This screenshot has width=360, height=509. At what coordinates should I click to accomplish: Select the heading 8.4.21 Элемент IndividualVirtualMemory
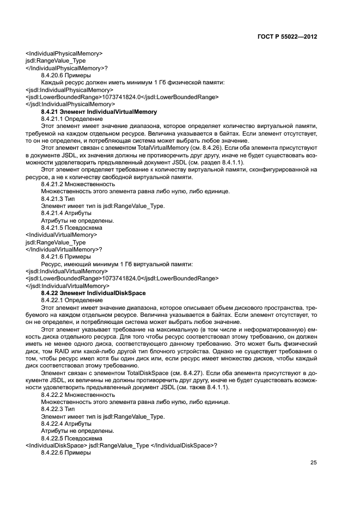pos(99,111)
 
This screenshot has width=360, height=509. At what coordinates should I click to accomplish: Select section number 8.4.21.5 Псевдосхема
pos(72,228)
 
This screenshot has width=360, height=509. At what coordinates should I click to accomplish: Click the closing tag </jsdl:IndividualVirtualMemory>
pos(67,285)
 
